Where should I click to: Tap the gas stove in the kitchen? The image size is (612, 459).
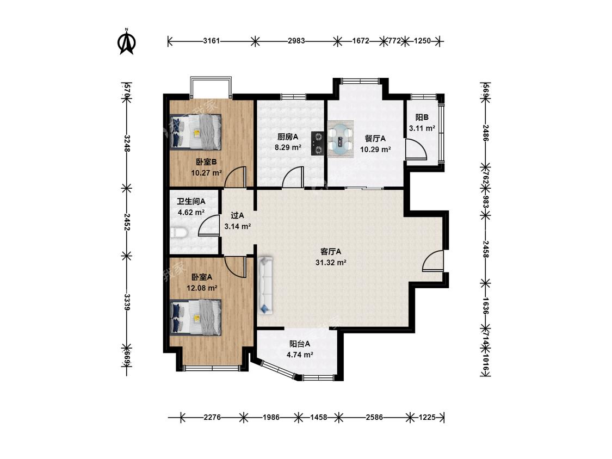[x=318, y=143]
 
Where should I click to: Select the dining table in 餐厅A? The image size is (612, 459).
[x=341, y=139]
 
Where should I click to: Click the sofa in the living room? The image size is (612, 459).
[x=265, y=284]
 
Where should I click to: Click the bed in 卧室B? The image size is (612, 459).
[x=196, y=132]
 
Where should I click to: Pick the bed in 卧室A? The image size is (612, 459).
[x=196, y=317]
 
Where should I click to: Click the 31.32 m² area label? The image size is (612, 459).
[x=331, y=263]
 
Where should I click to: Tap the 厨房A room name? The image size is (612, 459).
[x=288, y=137]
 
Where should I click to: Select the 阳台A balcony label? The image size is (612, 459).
[x=300, y=344]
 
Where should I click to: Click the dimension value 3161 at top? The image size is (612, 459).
[x=211, y=41]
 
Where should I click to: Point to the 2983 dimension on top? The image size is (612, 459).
[x=296, y=41]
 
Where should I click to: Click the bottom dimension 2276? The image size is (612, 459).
[x=212, y=417]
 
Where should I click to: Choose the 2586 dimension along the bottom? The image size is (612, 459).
[x=374, y=417]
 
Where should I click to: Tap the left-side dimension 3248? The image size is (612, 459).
[x=127, y=143]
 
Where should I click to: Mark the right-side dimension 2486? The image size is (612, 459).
[x=486, y=133]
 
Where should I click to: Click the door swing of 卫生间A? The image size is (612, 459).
[x=208, y=225]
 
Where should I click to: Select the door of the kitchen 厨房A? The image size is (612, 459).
[x=293, y=177]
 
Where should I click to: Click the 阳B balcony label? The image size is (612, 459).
[x=422, y=117]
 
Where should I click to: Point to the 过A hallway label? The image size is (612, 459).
[x=237, y=215]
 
